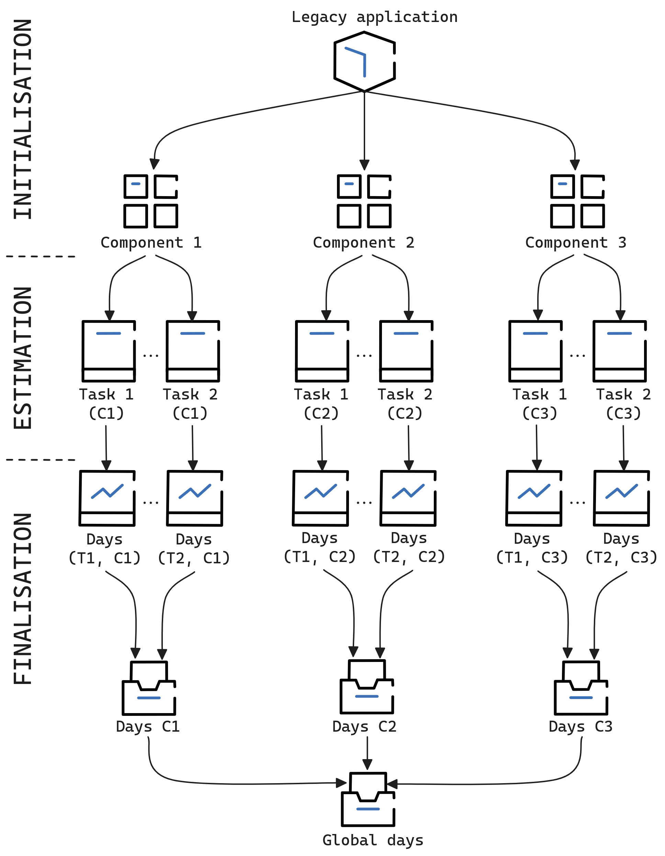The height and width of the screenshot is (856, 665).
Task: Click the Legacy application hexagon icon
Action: pyautogui.click(x=364, y=61)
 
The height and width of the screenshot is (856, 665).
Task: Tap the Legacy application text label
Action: pyautogui.click(x=374, y=17)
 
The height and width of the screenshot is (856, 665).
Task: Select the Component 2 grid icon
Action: pyautogui.click(x=364, y=201)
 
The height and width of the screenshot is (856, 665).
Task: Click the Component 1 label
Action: pyautogui.click(x=151, y=243)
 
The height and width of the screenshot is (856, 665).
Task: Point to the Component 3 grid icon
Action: pyautogui.click(x=577, y=201)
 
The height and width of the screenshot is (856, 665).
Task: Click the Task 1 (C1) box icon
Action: pyautogui.click(x=109, y=351)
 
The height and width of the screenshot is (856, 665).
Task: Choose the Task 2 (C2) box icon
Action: pyautogui.click(x=406, y=351)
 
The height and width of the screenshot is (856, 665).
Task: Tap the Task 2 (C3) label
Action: pyautogui.click(x=623, y=404)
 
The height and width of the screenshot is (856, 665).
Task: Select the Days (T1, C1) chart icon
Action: pyautogui.click(x=107, y=498)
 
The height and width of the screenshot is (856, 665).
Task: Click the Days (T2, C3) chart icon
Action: pyautogui.click(x=621, y=498)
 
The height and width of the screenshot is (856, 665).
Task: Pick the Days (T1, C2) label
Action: pyautogui.click(x=319, y=547)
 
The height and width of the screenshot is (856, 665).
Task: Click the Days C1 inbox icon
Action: pyautogui.click(x=149, y=688)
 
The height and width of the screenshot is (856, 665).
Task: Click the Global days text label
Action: pyautogui.click(x=373, y=840)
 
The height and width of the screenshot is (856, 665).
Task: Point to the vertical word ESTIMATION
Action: pyautogui.click(x=23, y=358)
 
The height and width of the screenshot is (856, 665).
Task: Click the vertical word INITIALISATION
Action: pyautogui.click(x=23, y=119)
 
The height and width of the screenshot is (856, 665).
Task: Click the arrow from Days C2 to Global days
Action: pyautogui.click(x=367, y=753)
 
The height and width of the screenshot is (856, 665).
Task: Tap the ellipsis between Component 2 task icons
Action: pyautogui.click(x=364, y=356)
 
